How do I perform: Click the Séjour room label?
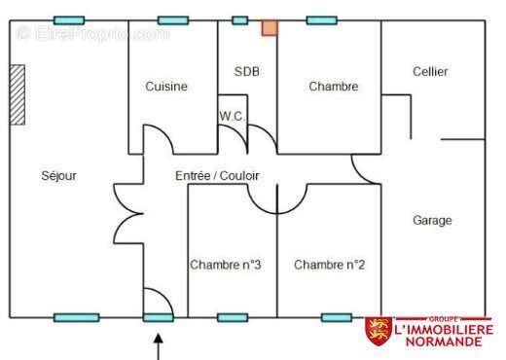tap(58, 176)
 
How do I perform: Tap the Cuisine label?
tap(166, 87)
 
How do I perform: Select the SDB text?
tap(246, 71)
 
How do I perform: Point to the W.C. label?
tap(231, 116)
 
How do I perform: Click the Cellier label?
tap(430, 71)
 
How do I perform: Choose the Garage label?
tap(432, 221)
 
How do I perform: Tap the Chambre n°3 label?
tap(226, 265)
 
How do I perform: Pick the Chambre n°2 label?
tap(329, 265)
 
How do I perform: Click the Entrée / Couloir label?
tap(217, 176)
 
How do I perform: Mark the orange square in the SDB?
tap(270, 28)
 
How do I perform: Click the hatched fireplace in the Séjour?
tap(18, 94)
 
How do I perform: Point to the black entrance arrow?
tap(159, 346)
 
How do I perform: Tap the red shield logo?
tap(379, 331)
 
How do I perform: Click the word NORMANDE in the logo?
tap(444, 342)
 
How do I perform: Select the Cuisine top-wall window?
tap(173, 20)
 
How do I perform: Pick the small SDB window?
tap(240, 20)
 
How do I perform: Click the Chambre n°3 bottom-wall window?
tap(233, 317)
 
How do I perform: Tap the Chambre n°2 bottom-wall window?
tap(337, 317)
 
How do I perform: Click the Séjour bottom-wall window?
tap(77, 317)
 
